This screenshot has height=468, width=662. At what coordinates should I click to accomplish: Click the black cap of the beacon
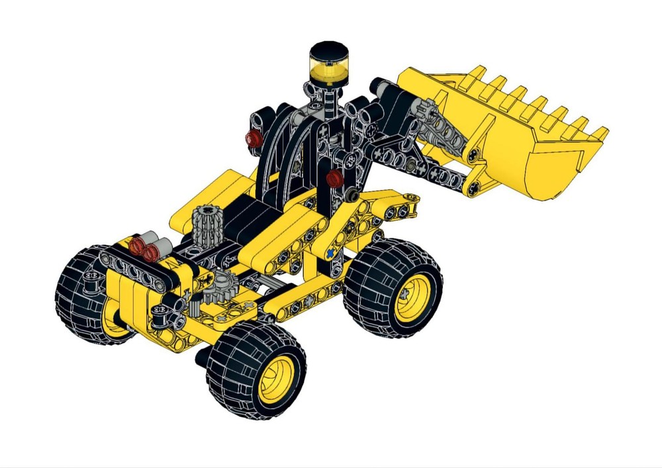[x=325, y=49]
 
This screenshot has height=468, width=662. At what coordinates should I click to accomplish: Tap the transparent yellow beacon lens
[x=325, y=68]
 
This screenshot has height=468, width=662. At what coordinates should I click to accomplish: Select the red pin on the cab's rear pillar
[x=252, y=138]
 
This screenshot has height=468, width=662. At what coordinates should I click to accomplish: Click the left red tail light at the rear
[x=138, y=248]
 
